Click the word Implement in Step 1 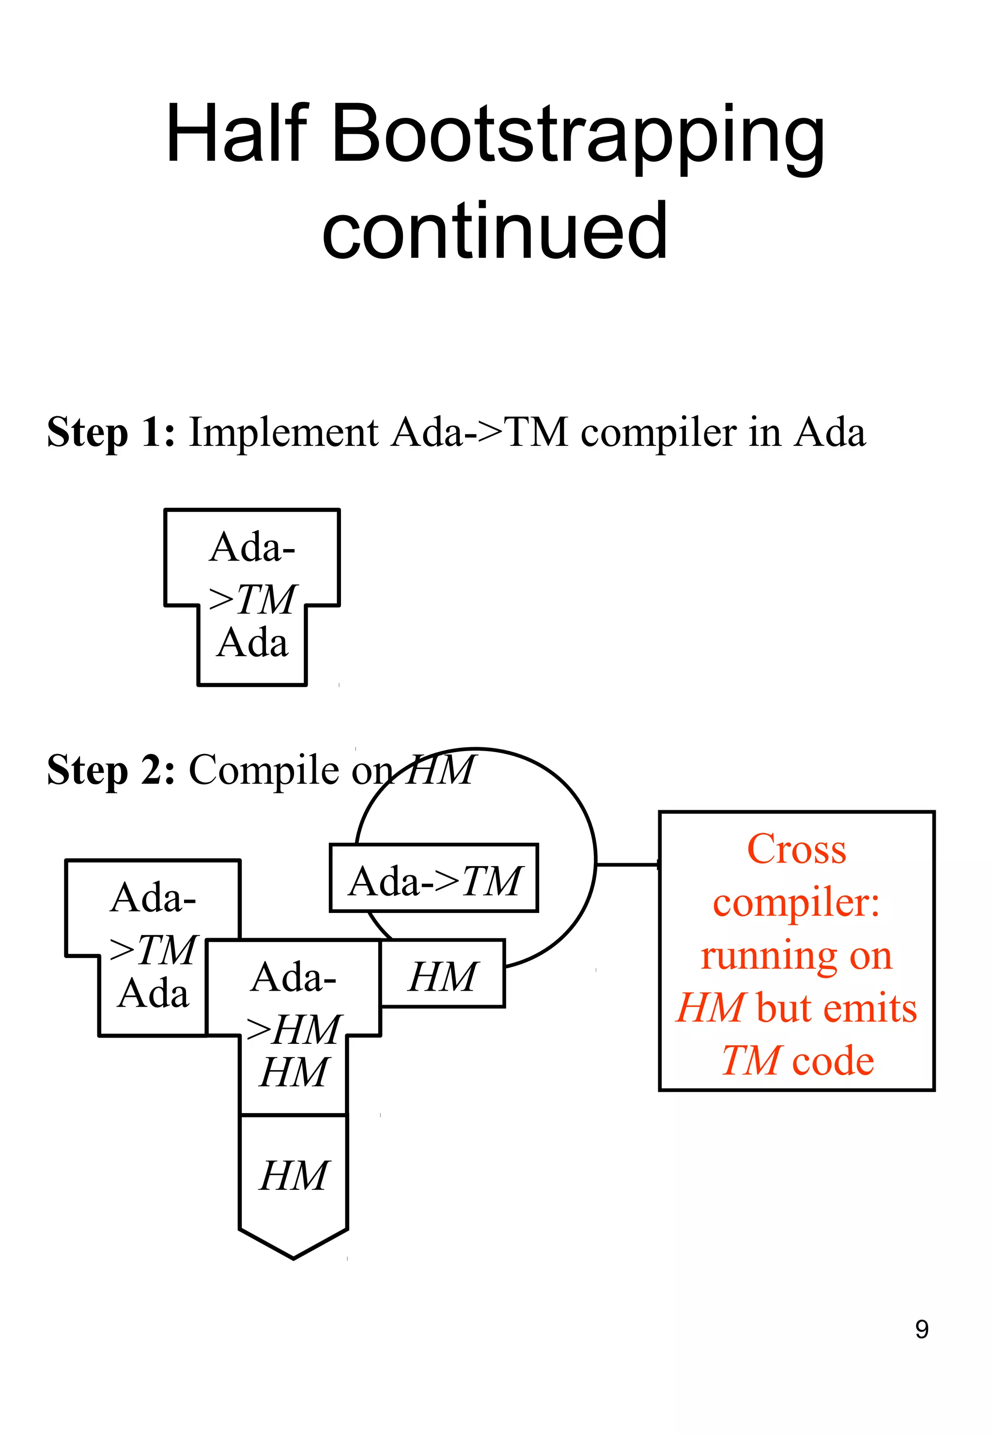283,432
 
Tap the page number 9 922,1329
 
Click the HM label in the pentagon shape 294,1176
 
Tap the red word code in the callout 834,1061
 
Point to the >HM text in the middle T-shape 294,1030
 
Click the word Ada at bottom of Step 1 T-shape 252,643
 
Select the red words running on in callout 796,956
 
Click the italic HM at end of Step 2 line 442,770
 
